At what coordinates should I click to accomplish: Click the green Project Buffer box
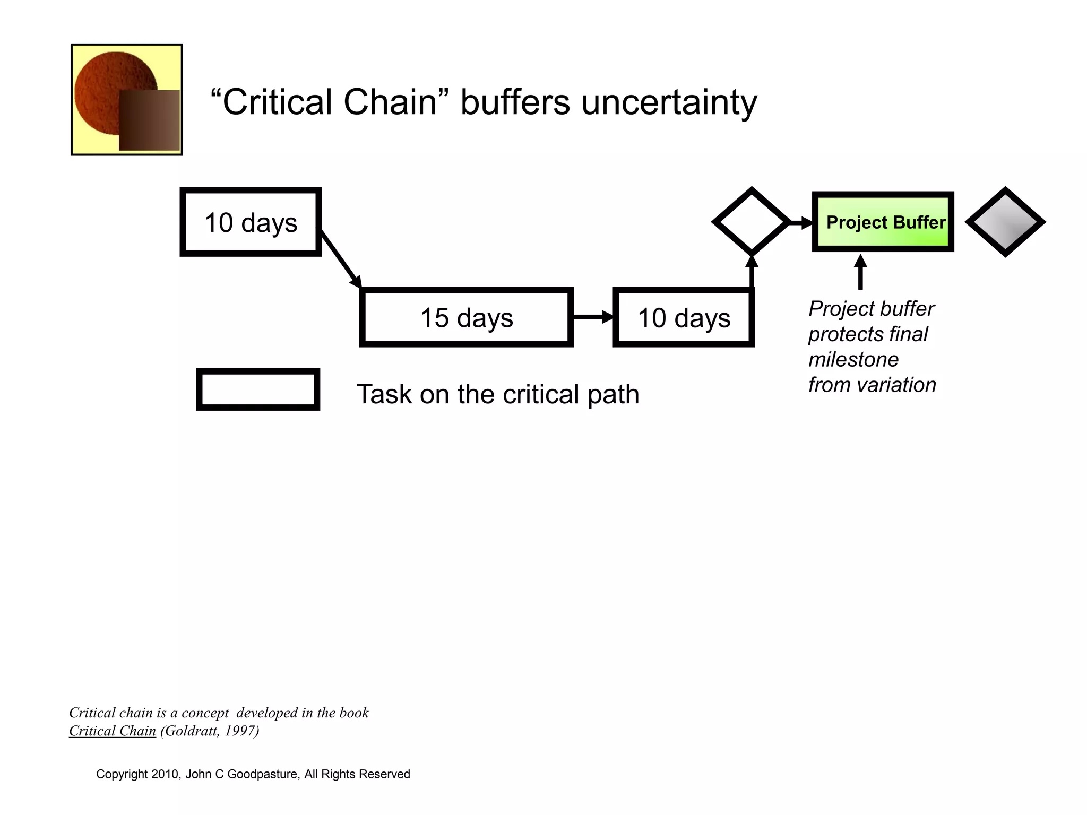(883, 222)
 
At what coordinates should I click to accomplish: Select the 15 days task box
(466, 317)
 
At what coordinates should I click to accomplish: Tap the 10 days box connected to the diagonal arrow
(251, 222)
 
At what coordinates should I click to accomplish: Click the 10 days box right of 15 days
(684, 317)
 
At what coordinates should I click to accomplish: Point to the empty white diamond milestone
(751, 222)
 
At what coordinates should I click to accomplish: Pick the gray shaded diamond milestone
(1005, 222)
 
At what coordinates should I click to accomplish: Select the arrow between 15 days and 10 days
(592, 317)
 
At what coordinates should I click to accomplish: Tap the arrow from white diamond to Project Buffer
(800, 223)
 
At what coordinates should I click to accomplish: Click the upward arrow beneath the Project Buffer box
(860, 273)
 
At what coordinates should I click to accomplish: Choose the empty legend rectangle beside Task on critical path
(258, 389)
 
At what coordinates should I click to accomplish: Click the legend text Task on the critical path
(497, 394)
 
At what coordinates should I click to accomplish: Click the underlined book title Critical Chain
(113, 731)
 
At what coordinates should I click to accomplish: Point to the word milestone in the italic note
(853, 360)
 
